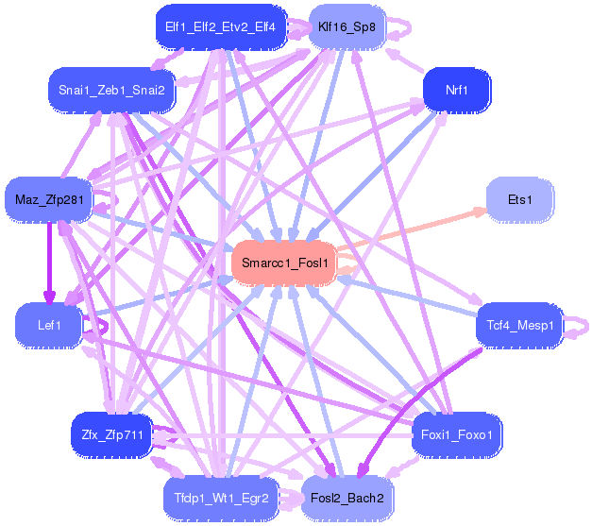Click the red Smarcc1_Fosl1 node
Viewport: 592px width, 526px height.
284,263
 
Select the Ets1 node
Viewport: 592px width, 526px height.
519,200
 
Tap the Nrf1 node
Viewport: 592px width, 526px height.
457,91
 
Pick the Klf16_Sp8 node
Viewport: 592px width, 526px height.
347,27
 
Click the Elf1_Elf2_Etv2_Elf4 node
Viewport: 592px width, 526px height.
220,27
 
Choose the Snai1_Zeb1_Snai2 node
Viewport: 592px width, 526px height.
111,91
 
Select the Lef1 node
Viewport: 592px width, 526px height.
49,325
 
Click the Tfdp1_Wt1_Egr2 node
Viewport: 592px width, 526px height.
221,497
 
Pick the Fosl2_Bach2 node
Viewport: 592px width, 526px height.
347,497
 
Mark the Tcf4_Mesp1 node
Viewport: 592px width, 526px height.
520,325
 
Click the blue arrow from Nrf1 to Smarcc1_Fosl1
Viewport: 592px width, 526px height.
378,171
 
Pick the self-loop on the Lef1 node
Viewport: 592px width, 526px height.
98,325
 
